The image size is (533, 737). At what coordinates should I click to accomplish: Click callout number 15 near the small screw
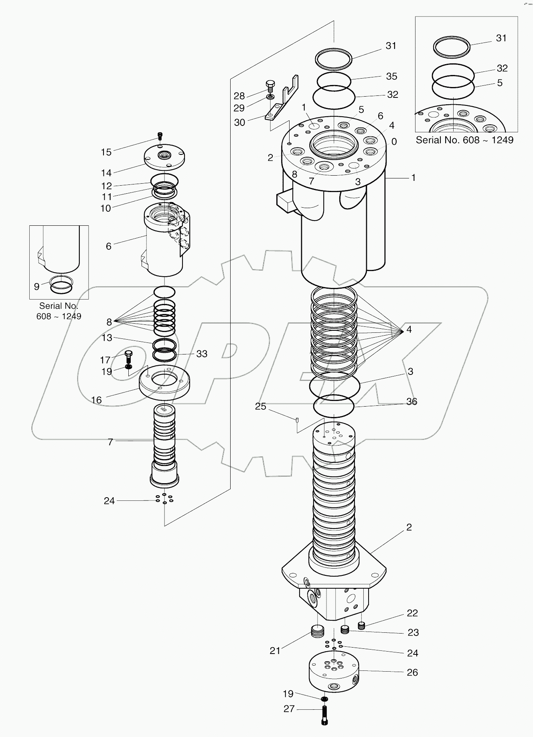tap(106, 152)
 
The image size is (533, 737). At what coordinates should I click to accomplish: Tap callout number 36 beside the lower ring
tap(411, 401)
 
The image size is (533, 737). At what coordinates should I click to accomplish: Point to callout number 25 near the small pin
tap(260, 406)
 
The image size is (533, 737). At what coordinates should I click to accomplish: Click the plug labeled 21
tap(317, 632)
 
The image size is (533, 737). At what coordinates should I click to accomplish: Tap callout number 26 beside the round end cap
tap(412, 672)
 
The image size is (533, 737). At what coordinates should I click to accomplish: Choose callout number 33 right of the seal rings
tap(202, 354)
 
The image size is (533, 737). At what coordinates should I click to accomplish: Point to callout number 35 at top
tap(391, 76)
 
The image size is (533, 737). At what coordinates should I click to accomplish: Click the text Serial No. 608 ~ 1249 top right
tap(464, 140)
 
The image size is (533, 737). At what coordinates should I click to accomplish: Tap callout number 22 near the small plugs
tap(412, 613)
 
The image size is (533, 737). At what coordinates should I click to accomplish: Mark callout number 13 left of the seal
tap(107, 338)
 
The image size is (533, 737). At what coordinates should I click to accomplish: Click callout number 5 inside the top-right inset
tap(500, 83)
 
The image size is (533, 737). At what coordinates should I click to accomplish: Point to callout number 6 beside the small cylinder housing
tap(108, 246)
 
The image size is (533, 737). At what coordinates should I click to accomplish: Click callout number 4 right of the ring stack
tap(409, 330)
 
